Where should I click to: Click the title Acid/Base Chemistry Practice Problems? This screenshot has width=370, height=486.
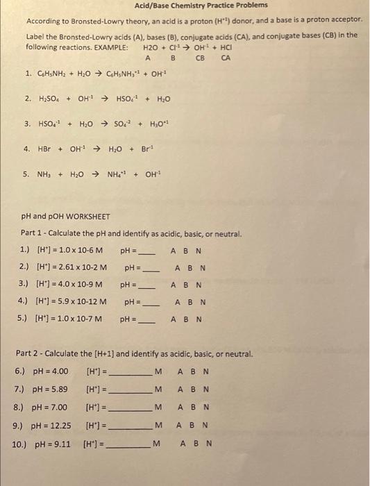pyautogui.click(x=186, y=6)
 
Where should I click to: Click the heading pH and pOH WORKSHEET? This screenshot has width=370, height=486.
pyautogui.click(x=66, y=217)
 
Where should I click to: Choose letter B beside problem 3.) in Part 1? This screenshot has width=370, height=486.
pyautogui.click(x=187, y=285)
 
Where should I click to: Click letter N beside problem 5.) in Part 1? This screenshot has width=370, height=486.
pyautogui.click(x=199, y=319)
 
